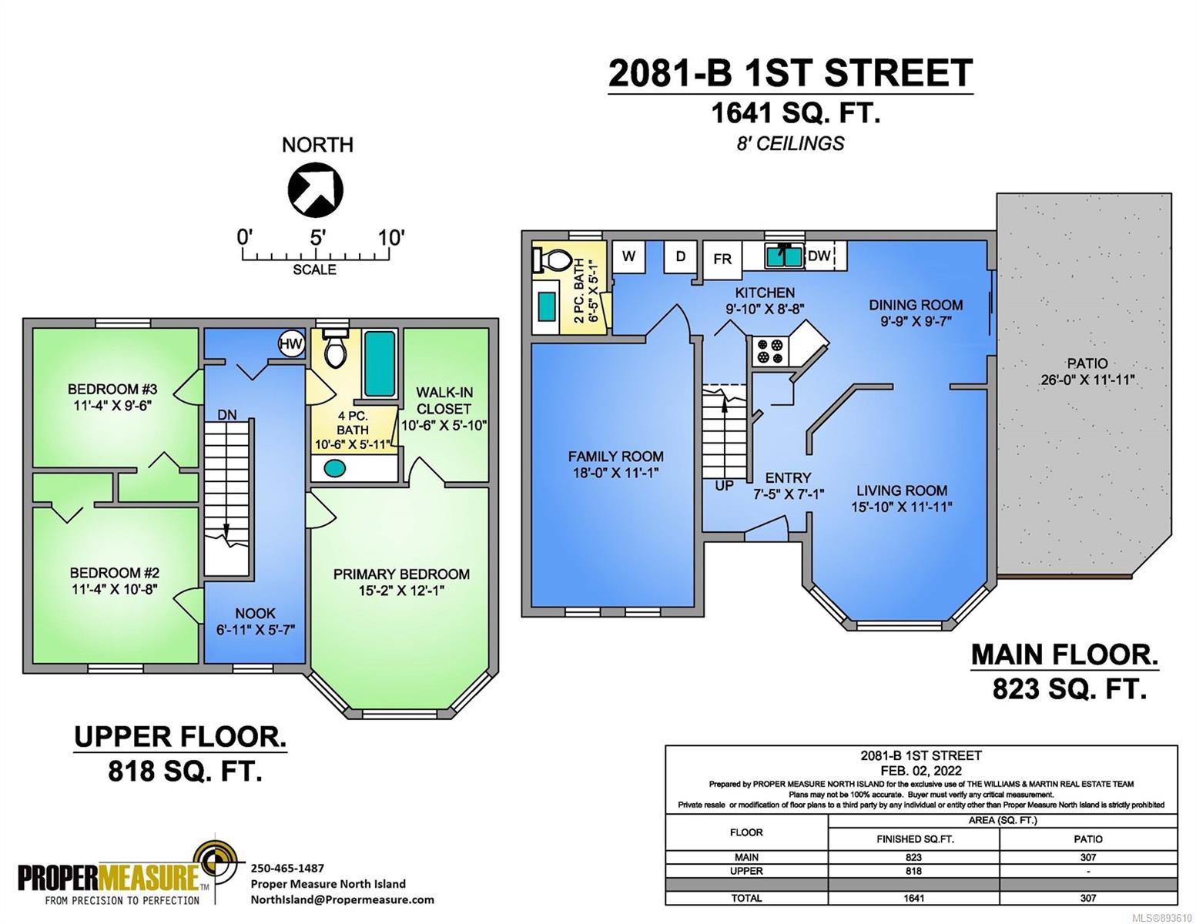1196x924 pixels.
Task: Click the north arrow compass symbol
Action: (x=316, y=190)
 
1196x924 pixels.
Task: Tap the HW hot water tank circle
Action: (x=291, y=344)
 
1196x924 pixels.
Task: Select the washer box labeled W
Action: (x=629, y=256)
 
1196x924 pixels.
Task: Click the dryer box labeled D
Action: (x=681, y=256)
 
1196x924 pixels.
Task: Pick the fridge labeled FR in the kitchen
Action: (x=722, y=257)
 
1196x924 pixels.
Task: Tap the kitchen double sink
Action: (x=786, y=256)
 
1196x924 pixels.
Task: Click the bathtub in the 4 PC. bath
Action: (x=380, y=363)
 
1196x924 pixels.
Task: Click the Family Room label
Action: (x=615, y=456)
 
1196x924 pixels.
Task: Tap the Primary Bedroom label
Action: (x=401, y=574)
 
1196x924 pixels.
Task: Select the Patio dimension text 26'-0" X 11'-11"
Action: (x=1087, y=380)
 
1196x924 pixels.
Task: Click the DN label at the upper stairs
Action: (x=226, y=415)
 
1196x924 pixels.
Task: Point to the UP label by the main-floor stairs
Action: (x=725, y=485)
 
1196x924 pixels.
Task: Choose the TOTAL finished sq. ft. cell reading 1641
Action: (x=913, y=898)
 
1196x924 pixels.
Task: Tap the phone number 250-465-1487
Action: (x=287, y=868)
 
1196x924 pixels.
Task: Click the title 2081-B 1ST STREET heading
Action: (x=790, y=73)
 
